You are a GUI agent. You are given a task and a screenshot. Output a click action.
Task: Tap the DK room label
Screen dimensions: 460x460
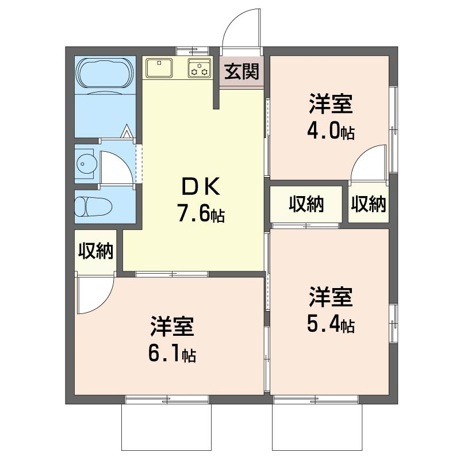[201, 187]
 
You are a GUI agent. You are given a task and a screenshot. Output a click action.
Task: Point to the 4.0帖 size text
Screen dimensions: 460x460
[331, 131]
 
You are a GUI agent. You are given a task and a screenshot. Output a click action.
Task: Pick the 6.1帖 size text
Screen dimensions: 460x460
[172, 354]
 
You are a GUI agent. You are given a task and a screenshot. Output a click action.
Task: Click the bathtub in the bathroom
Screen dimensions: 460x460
[105, 74]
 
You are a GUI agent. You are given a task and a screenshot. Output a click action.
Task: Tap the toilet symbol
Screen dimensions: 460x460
[93, 206]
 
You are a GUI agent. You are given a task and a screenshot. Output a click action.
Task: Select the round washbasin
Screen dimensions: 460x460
[86, 164]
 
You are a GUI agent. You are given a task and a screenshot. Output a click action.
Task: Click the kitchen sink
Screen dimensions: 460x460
[159, 68]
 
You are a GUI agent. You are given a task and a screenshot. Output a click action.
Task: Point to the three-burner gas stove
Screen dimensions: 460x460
[200, 68]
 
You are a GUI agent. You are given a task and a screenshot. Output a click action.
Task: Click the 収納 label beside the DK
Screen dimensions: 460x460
[95, 251]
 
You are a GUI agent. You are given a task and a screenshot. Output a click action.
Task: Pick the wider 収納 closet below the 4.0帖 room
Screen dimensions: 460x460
[306, 204]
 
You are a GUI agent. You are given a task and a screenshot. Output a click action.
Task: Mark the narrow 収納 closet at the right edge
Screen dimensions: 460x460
[369, 204]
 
